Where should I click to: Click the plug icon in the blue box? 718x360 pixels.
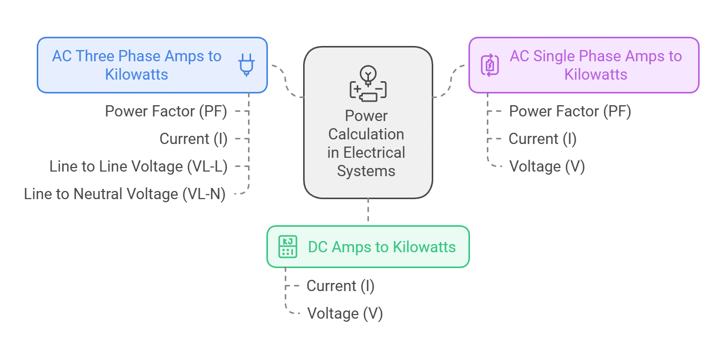point(246,65)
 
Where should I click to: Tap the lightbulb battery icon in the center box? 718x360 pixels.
point(367,84)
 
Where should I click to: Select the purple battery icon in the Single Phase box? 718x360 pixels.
point(490,65)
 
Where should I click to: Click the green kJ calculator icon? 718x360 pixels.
point(288,247)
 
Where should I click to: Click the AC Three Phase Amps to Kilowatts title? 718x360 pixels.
point(137,65)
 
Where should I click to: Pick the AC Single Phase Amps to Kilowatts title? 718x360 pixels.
point(596,65)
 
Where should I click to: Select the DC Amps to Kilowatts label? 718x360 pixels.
point(382,247)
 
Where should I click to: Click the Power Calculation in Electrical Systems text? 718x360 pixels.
point(366,143)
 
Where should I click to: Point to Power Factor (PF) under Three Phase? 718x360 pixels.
point(166,111)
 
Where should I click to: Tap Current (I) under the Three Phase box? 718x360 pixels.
point(193,139)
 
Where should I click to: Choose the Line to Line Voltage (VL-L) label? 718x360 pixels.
point(138,166)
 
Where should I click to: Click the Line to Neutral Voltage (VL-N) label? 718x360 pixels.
point(125,194)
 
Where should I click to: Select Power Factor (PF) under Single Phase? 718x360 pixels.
point(570,111)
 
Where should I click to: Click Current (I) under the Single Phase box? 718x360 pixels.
point(542,139)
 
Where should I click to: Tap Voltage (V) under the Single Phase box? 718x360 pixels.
point(547,166)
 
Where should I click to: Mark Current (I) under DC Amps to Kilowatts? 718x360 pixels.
point(340,286)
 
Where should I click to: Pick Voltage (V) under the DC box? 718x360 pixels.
point(345,314)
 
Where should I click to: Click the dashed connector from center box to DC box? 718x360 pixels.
point(368,212)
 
